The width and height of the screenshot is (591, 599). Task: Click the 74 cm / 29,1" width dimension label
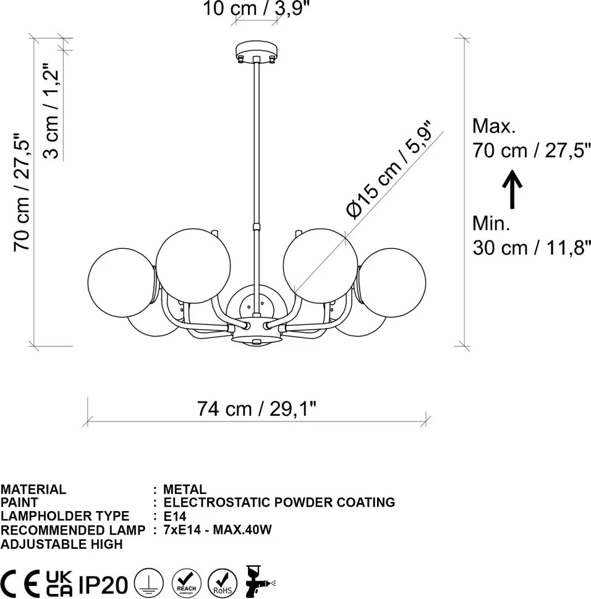coord(257,408)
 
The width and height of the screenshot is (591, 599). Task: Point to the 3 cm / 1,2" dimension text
coord(52,111)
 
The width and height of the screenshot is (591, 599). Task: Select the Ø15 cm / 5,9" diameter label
coord(389,170)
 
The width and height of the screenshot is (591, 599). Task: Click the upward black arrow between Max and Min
coord(512,189)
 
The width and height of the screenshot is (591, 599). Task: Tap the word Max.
coord(494,126)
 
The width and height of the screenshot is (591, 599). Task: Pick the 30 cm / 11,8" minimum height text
coord(532,248)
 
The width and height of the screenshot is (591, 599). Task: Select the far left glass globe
coord(121,283)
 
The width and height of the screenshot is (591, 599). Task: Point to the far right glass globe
coord(392,283)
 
